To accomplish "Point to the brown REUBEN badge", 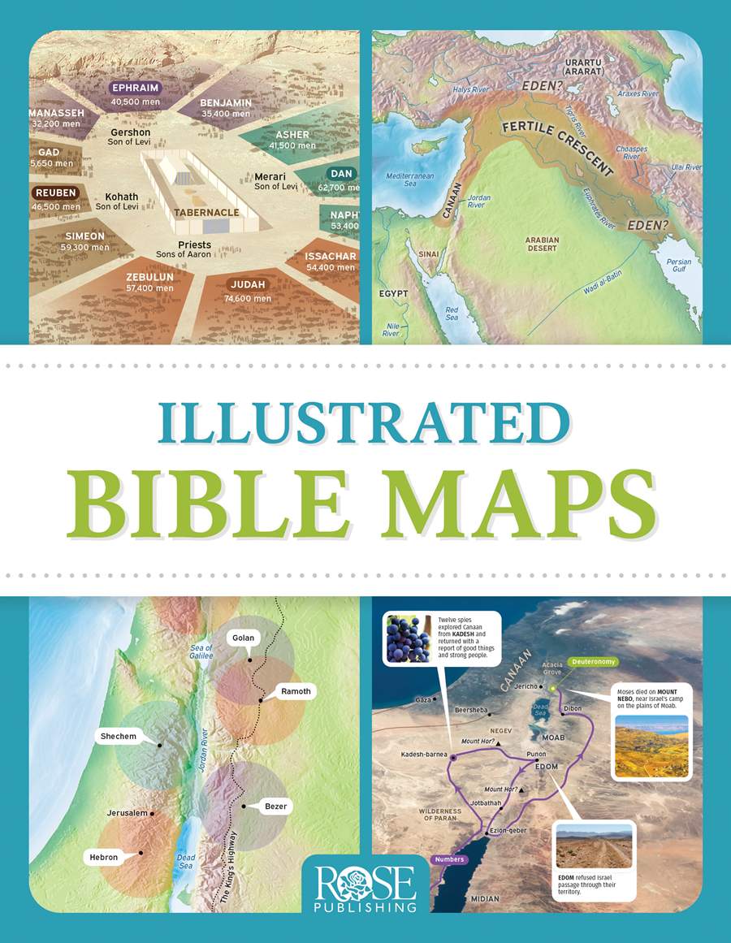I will click(55, 193).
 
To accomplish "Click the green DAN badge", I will click(340, 173).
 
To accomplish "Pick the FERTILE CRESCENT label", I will click(557, 147).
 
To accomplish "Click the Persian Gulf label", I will click(678, 267).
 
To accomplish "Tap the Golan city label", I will click(243, 638).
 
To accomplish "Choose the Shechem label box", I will click(118, 736).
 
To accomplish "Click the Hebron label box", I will click(104, 857).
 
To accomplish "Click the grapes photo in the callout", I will click(409, 638).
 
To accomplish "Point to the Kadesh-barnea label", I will click(424, 755).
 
